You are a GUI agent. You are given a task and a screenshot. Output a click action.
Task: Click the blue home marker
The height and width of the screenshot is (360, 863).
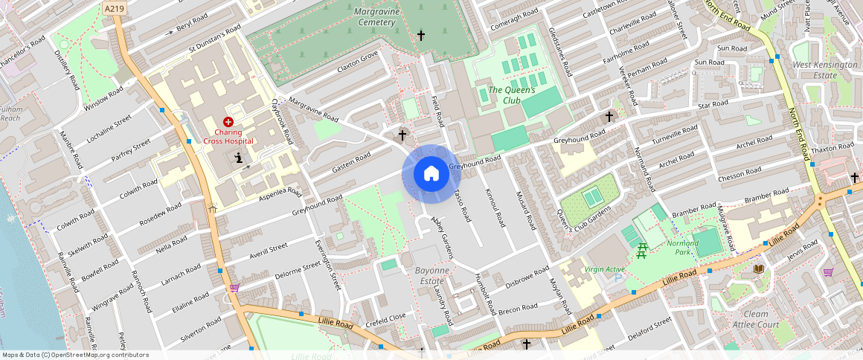point(431,174)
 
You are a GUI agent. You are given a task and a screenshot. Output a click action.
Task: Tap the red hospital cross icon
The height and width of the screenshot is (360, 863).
point(228,121)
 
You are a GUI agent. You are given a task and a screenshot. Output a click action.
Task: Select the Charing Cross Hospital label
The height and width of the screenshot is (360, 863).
point(228,136)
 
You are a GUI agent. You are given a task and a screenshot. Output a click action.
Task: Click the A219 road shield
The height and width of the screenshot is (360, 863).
point(115,8)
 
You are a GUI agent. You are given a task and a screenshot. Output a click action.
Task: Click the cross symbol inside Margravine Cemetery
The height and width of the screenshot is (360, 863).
point(420,35)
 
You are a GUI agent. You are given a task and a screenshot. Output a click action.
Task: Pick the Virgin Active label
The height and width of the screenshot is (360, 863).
point(605,269)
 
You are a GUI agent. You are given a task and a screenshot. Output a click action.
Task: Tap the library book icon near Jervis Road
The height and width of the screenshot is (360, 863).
point(758,269)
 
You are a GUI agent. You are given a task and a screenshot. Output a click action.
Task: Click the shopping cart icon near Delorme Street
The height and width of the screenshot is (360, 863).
point(235,287)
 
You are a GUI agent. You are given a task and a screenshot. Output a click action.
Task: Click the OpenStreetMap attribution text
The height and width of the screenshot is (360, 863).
point(74,355)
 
